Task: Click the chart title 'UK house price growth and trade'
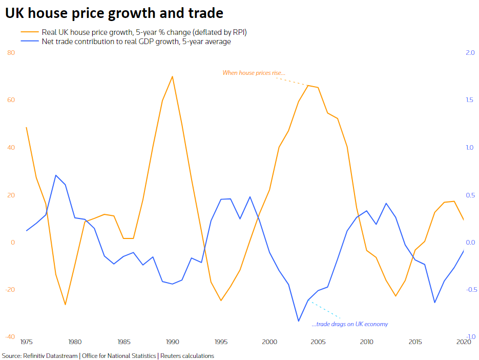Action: tap(114, 12)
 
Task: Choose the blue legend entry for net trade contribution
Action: tap(136, 42)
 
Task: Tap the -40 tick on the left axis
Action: tap(10, 337)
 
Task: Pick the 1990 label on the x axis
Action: tap(172, 342)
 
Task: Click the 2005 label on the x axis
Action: tap(318, 342)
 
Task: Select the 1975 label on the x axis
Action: tap(26, 342)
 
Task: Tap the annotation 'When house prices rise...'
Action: tap(254, 73)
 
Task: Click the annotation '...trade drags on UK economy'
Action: tap(349, 324)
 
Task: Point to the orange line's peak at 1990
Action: tap(172, 76)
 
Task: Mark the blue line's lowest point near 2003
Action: tap(299, 321)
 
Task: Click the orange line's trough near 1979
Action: tap(65, 305)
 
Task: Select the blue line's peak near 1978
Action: tap(55, 175)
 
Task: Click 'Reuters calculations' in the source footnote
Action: tap(188, 356)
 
